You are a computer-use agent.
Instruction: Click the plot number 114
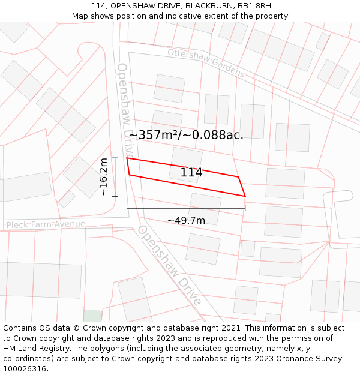click(191, 173)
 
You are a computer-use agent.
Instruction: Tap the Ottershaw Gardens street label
click(206, 62)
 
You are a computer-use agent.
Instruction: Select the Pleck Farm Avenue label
click(46, 224)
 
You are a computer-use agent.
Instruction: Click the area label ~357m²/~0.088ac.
click(186, 135)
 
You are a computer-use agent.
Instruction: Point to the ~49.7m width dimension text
click(186, 221)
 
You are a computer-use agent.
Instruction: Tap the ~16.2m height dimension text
click(104, 176)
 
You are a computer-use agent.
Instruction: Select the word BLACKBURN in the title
click(206, 6)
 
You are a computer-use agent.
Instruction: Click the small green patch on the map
click(92, 316)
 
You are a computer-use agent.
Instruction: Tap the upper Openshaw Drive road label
click(126, 111)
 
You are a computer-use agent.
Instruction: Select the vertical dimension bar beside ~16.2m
click(115, 176)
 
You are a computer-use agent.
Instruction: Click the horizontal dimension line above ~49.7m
click(186, 208)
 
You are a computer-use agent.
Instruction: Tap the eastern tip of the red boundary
click(245, 196)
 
